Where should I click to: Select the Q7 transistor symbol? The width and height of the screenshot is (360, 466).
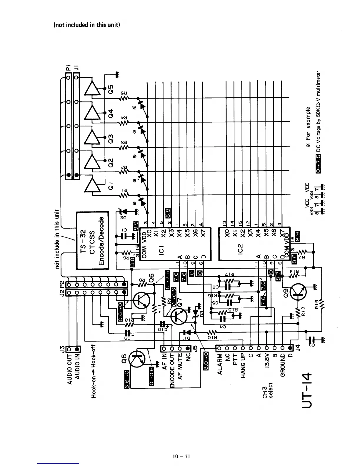point(179,316)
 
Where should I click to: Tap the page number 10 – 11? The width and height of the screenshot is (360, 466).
point(181,456)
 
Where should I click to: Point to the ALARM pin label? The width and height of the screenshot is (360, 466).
point(219,364)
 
